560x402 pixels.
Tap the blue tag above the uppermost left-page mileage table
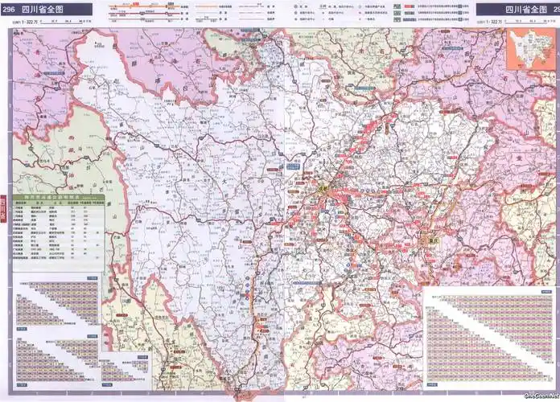pyautogui.click(x=91, y=279)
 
